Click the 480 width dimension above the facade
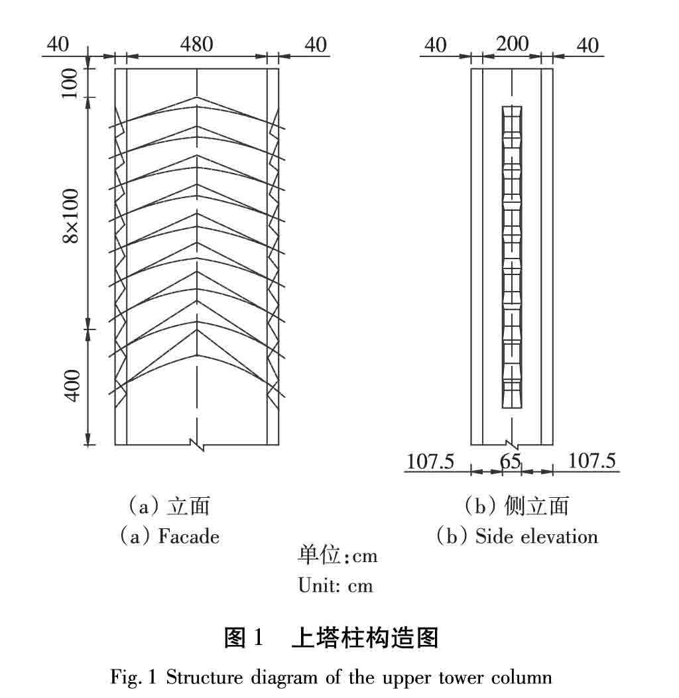[197, 44]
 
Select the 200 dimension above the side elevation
[513, 44]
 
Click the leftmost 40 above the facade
[58, 44]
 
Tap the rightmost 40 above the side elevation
[587, 45]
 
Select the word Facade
[188, 536]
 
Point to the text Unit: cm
[336, 585]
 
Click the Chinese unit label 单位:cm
[337, 555]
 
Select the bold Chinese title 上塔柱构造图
[365, 638]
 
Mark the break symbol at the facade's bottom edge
[197, 444]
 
